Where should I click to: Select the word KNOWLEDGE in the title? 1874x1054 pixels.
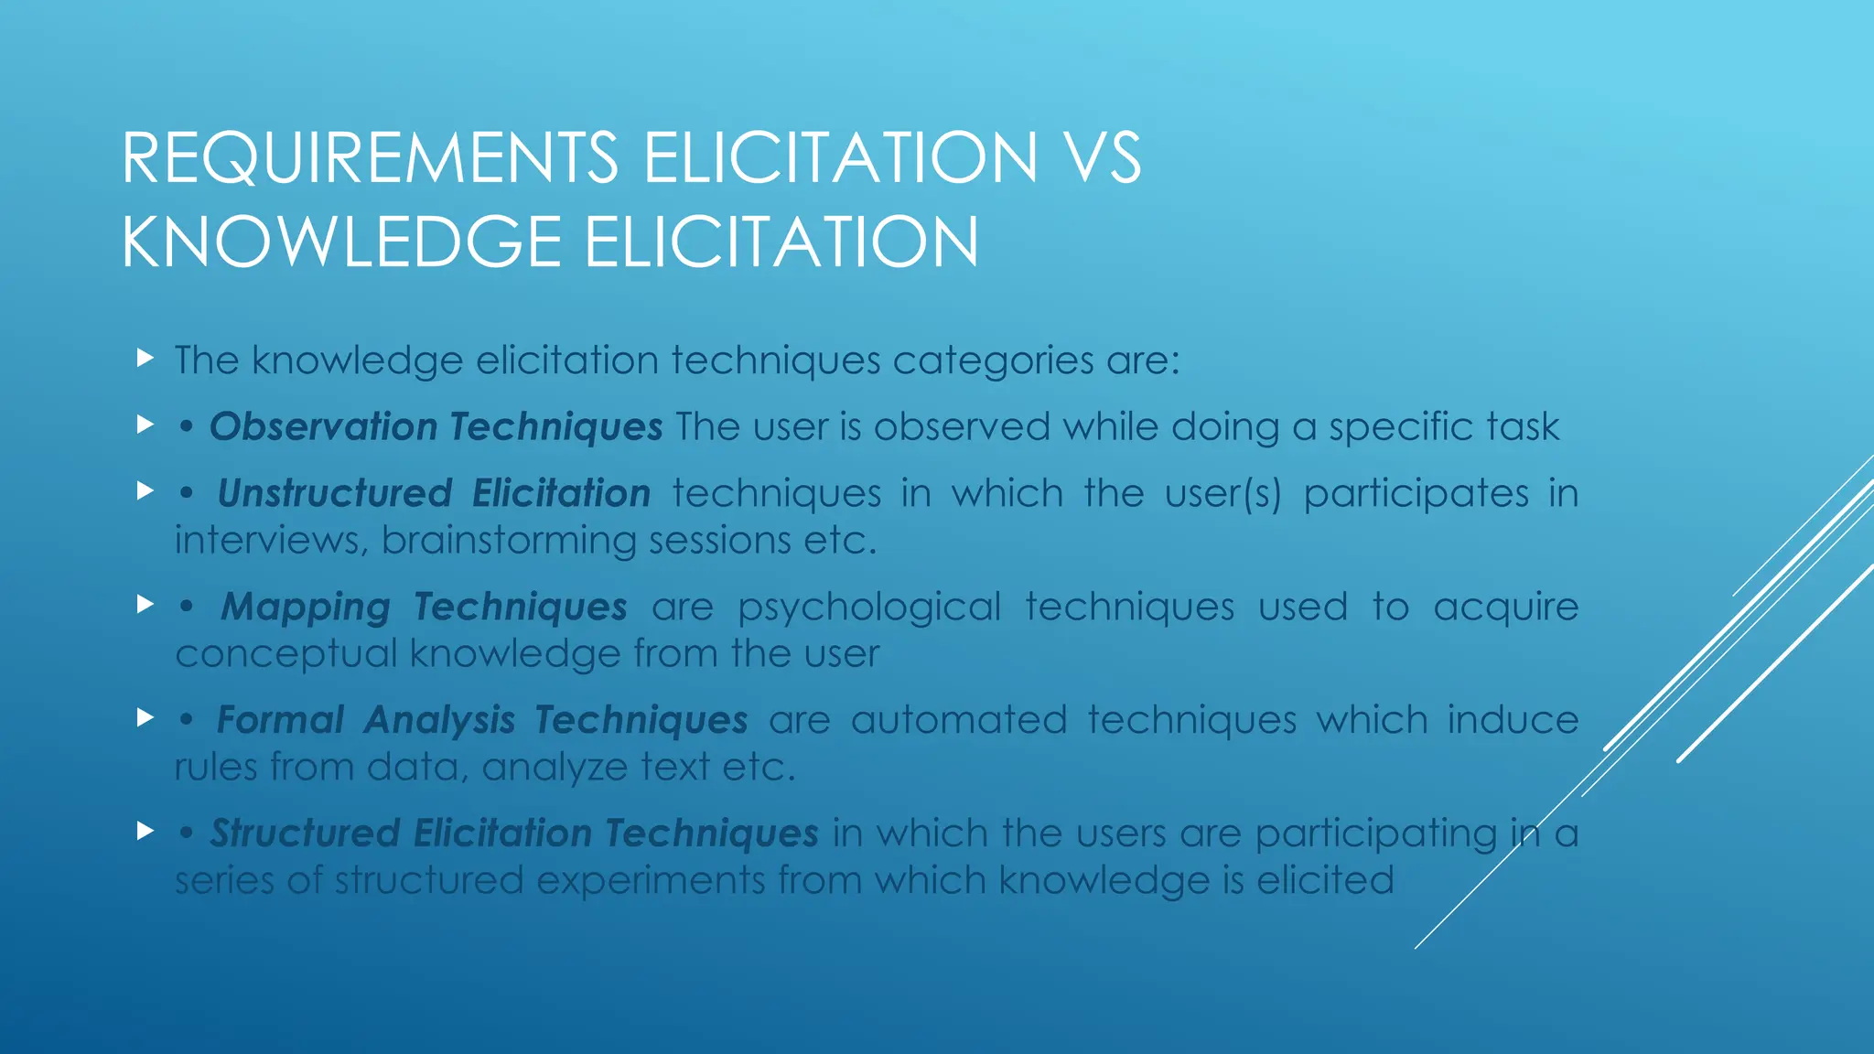pyautogui.click(x=340, y=242)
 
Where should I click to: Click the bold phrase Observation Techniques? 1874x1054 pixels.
pyautogui.click(x=436, y=427)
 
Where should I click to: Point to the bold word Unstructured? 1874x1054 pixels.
pyautogui.click(x=334, y=494)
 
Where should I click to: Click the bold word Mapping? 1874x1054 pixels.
pyautogui.click(x=306, y=608)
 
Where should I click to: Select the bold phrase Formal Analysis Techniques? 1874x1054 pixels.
pyautogui.click(x=481, y=721)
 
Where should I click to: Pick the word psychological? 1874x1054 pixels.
pyautogui.click(x=869, y=608)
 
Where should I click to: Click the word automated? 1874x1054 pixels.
pyautogui.click(x=958, y=720)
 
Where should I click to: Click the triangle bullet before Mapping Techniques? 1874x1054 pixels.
pyautogui.click(x=145, y=604)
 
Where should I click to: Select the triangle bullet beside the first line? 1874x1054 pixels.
pyautogui.click(x=145, y=358)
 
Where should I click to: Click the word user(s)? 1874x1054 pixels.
pyautogui.click(x=1222, y=494)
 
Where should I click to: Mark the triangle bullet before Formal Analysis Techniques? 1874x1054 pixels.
pyautogui.click(x=145, y=717)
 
